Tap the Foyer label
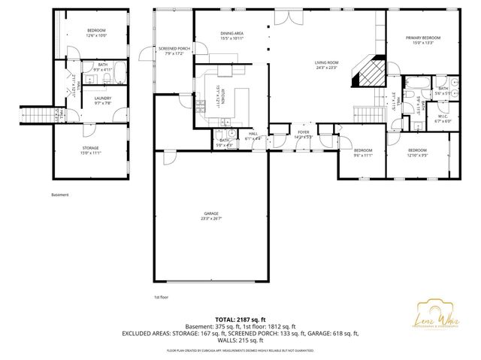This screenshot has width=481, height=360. tap(303, 135)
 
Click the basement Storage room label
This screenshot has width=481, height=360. tap(91, 150)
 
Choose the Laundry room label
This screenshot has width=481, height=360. tap(103, 101)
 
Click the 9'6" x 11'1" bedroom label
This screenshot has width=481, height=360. tap(363, 153)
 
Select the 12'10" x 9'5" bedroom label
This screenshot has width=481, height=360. tap(417, 153)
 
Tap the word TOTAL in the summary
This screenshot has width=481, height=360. tap(225, 319)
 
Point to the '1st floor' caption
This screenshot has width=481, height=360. tap(162, 297)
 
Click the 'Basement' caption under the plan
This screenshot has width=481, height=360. tap(60, 195)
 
